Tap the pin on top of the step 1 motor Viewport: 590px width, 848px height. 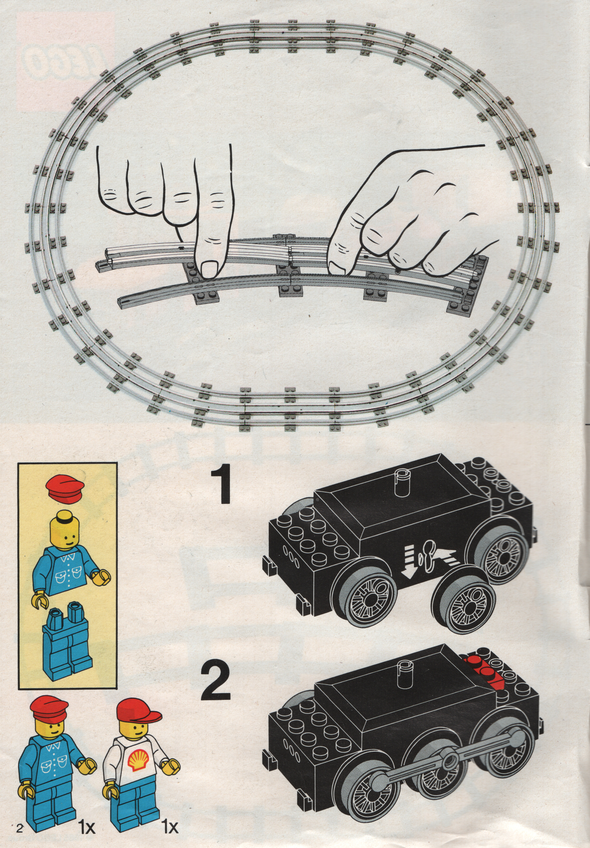401,483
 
